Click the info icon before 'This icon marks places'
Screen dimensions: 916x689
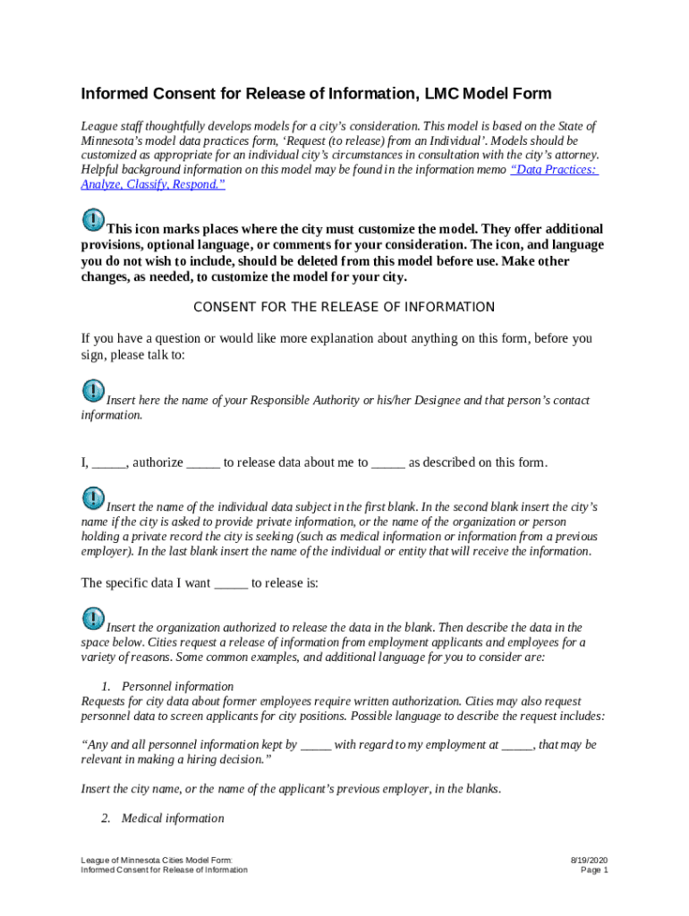click(x=93, y=219)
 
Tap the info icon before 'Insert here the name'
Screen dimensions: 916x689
click(x=93, y=391)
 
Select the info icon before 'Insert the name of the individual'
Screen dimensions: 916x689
click(x=93, y=497)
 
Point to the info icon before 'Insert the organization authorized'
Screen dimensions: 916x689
click(x=93, y=618)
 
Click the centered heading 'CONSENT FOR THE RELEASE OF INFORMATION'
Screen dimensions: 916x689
click(x=344, y=308)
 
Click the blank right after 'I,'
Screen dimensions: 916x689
click(x=109, y=463)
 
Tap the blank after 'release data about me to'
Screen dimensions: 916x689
click(x=387, y=463)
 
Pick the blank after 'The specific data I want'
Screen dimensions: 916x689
click(x=231, y=583)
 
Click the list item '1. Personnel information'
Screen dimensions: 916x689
click(x=168, y=687)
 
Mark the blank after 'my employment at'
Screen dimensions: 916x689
click(x=517, y=744)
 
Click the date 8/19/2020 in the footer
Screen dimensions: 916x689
click(x=591, y=860)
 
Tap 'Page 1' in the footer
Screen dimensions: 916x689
click(x=594, y=870)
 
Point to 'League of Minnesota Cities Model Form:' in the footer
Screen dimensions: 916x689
click(x=157, y=860)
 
